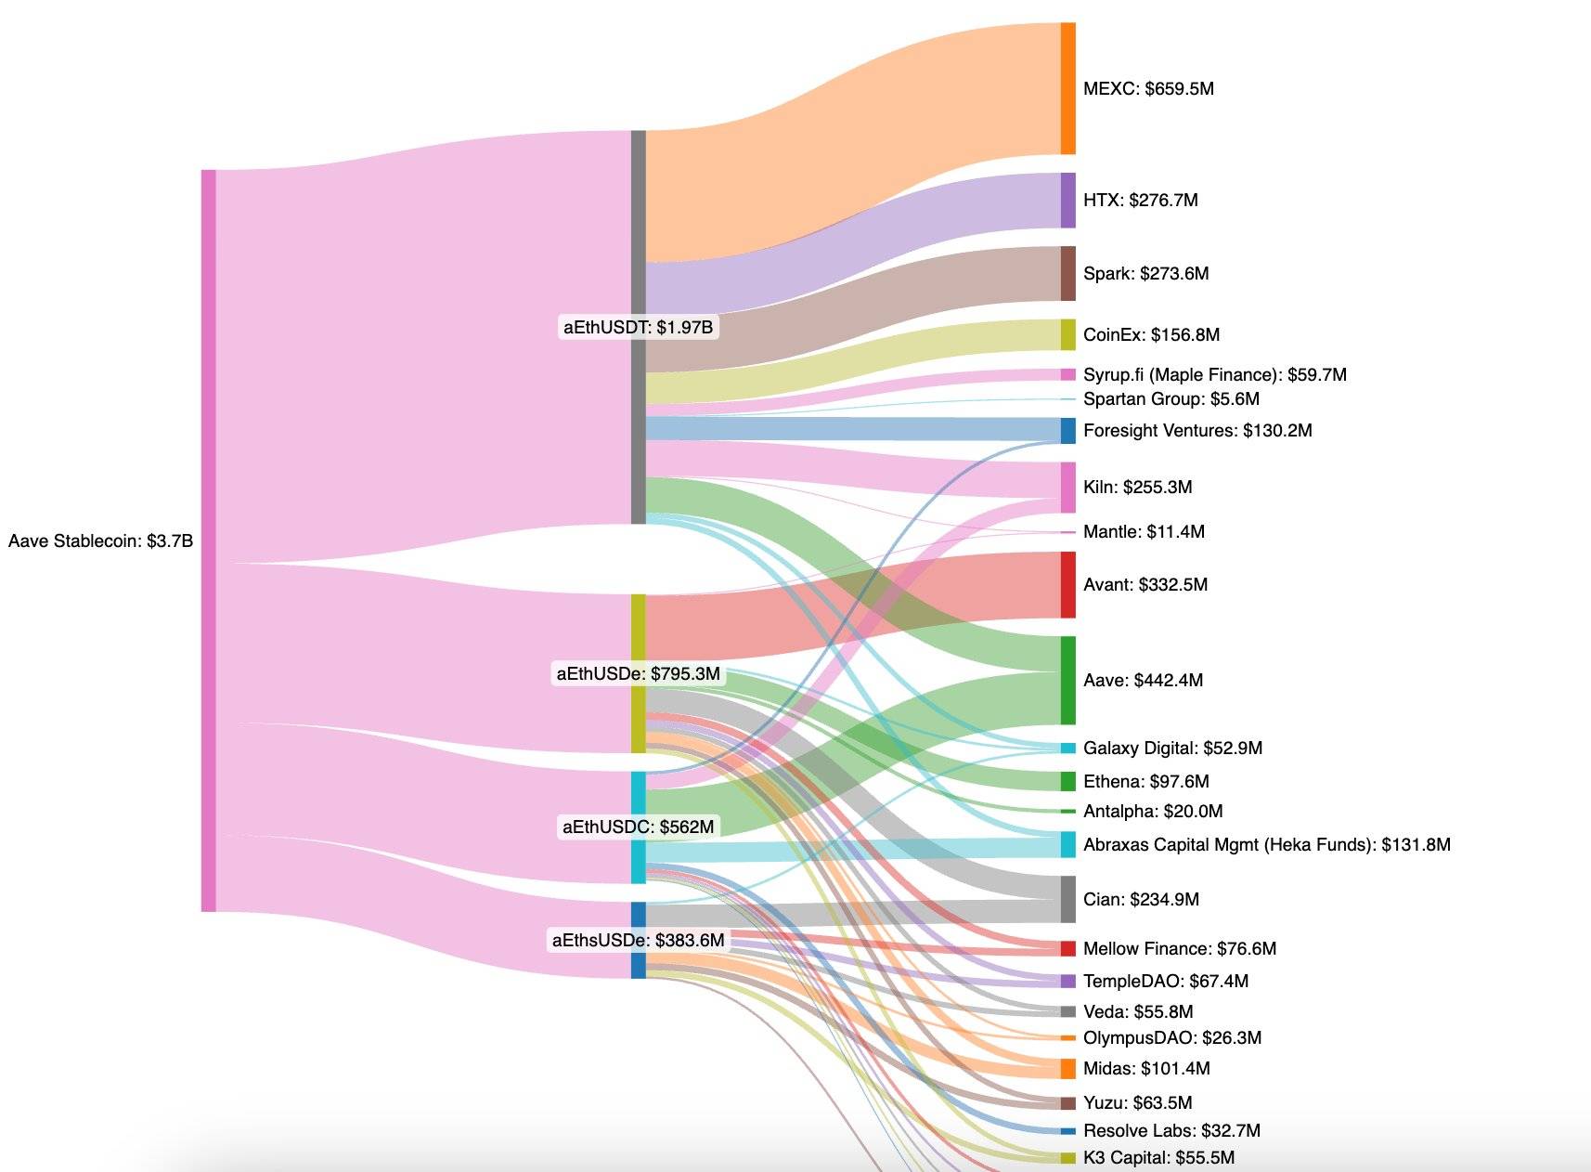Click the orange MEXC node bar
click(x=1068, y=88)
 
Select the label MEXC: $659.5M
click(x=1148, y=89)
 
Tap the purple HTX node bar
click(x=1068, y=200)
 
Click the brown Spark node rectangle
click(x=1068, y=273)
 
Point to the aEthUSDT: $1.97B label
click(x=639, y=327)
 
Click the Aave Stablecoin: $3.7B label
click(x=100, y=540)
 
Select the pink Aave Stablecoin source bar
click(x=209, y=540)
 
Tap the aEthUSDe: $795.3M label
click(x=639, y=673)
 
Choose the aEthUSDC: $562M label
click(x=639, y=827)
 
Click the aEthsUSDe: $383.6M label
click(x=639, y=940)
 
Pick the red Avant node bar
click(x=1068, y=584)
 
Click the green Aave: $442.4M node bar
click(x=1068, y=680)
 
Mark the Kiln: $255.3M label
click(x=1137, y=487)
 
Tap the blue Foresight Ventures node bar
click(x=1068, y=430)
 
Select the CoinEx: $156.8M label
click(x=1151, y=334)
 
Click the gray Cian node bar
click(x=1068, y=899)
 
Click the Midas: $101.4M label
click(x=1146, y=1068)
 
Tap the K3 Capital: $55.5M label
click(x=1158, y=1157)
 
